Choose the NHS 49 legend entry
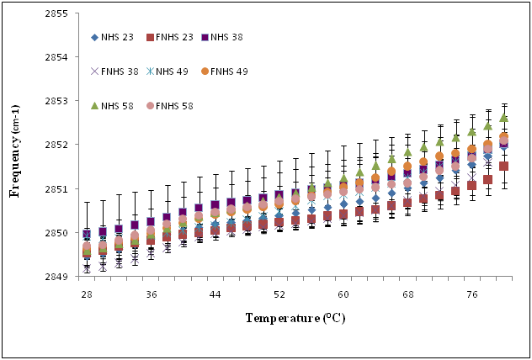pyautogui.click(x=174, y=71)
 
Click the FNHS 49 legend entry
pyautogui.click(x=231, y=71)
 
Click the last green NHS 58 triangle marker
pyautogui.click(x=503, y=118)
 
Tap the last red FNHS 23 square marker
pyautogui.click(x=503, y=166)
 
